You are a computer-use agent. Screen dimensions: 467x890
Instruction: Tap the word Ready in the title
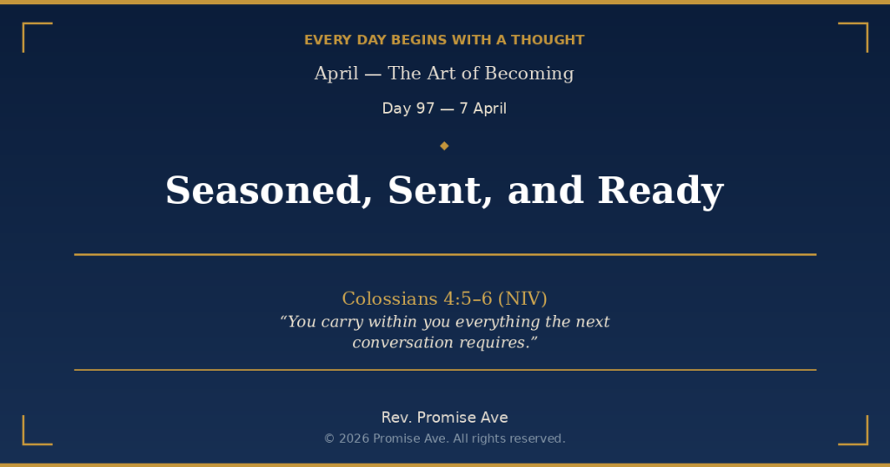point(661,190)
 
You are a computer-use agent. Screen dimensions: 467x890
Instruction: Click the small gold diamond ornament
point(444,146)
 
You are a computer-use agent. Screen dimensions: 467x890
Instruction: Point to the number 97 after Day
point(425,109)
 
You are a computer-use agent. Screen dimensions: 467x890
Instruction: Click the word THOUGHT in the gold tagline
point(548,40)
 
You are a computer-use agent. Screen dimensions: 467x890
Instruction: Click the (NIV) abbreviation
point(522,299)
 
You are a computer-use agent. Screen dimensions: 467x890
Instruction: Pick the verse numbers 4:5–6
point(468,299)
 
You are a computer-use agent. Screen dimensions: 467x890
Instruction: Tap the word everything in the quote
point(497,322)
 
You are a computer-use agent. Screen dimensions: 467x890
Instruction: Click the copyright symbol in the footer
point(329,438)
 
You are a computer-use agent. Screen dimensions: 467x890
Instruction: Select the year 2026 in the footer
point(354,438)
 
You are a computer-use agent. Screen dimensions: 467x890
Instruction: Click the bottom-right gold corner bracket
point(860,437)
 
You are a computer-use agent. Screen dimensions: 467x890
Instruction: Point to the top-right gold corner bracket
point(860,30)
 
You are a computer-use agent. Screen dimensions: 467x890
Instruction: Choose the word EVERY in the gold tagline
point(324,40)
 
